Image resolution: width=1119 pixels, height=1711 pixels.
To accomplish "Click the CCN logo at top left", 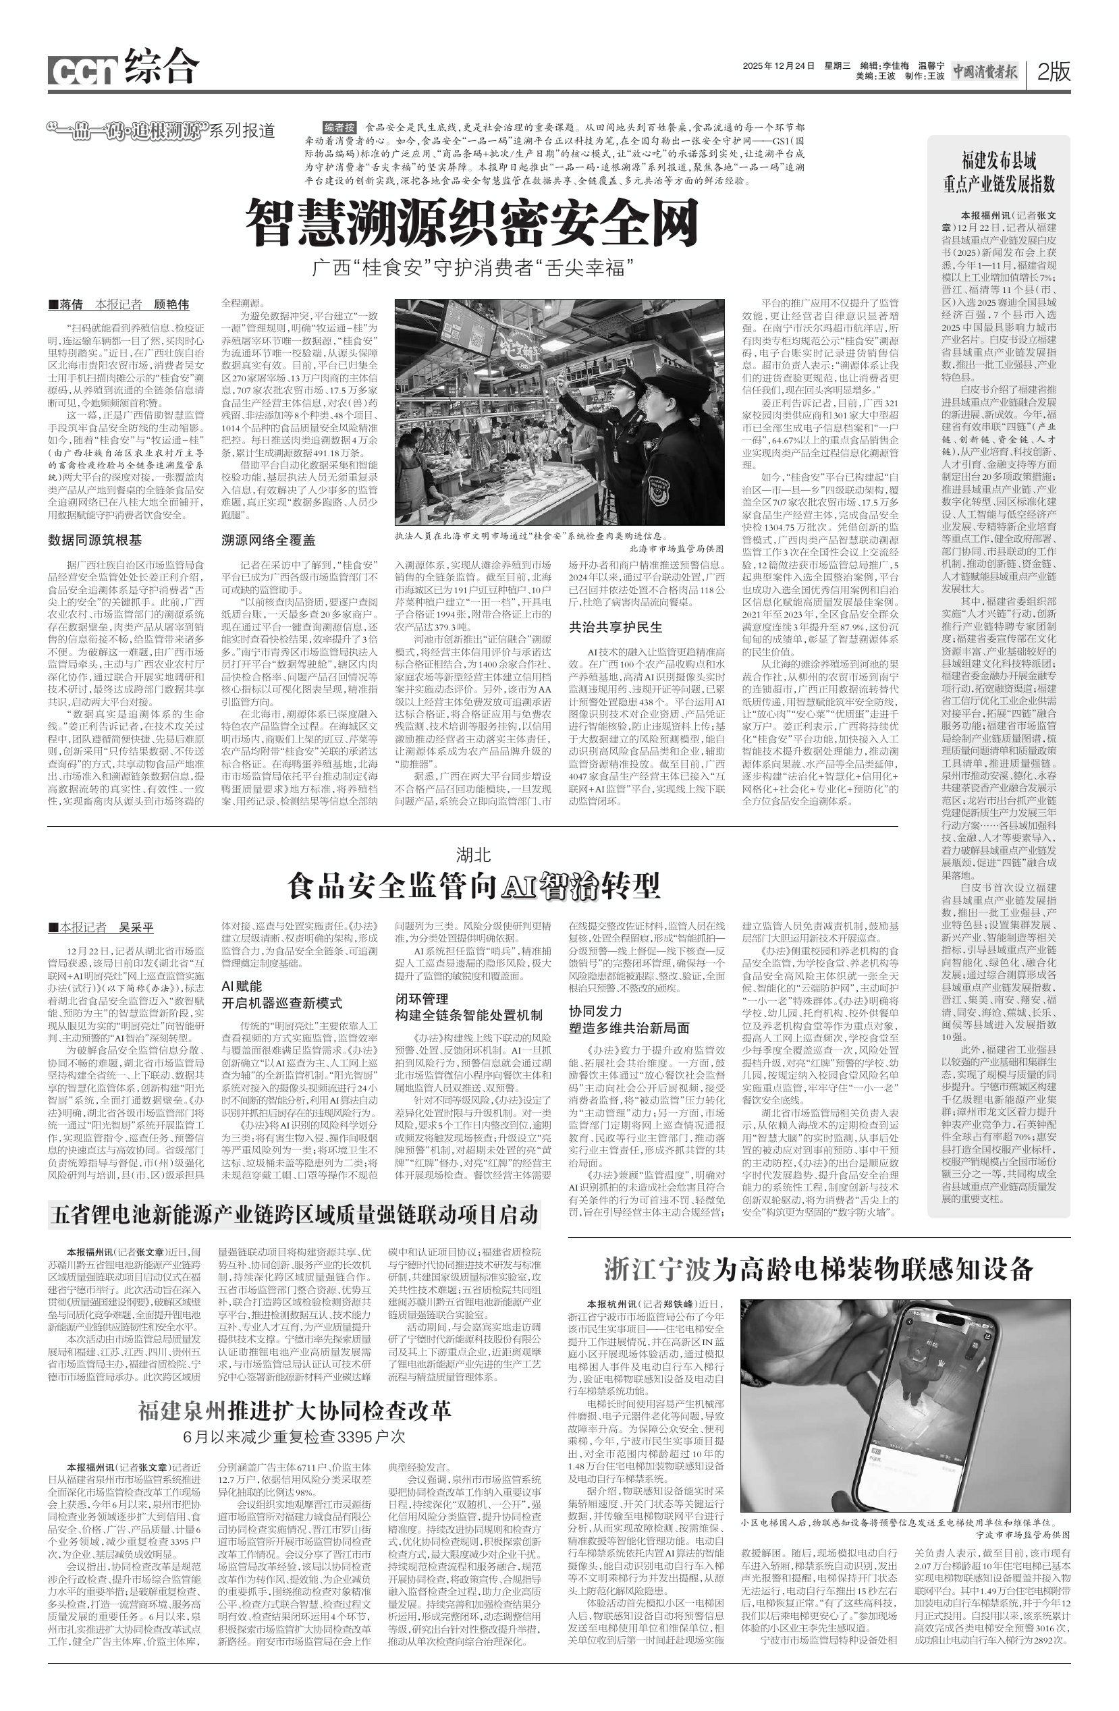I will (x=82, y=70).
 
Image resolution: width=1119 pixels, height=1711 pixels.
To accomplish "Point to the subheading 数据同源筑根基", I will (x=95, y=539).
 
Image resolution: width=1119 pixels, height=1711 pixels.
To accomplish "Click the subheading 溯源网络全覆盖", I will (x=268, y=539).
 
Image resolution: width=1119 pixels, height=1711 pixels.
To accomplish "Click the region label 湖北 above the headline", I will (x=473, y=854).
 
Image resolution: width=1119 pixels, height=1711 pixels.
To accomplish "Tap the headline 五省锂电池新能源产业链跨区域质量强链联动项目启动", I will (x=294, y=1214).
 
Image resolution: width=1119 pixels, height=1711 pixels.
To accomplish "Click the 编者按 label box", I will (x=339, y=126).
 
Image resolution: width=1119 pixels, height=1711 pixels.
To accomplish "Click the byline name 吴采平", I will (x=136, y=927).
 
